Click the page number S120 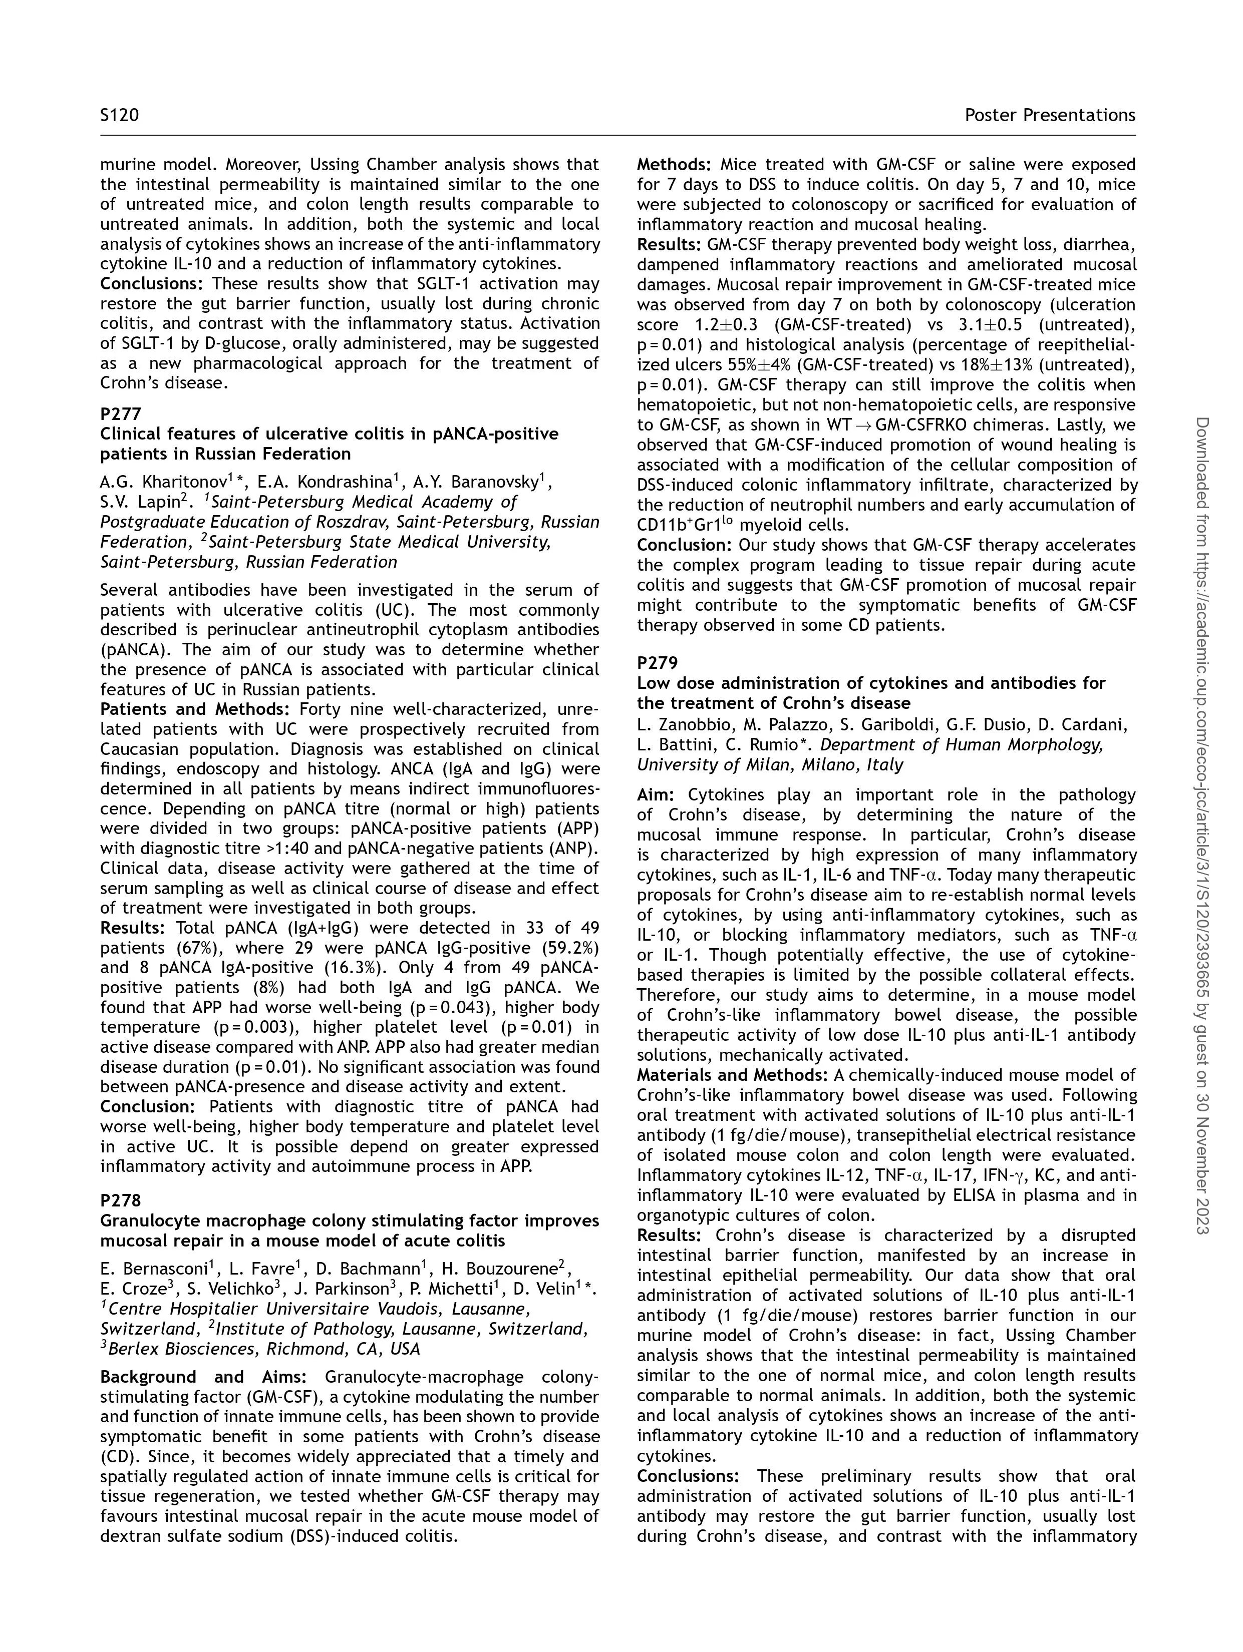pyautogui.click(x=120, y=115)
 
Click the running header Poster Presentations pyautogui.click(x=1050, y=115)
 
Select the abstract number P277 pyautogui.click(x=121, y=414)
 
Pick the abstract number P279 pyautogui.click(x=658, y=662)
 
